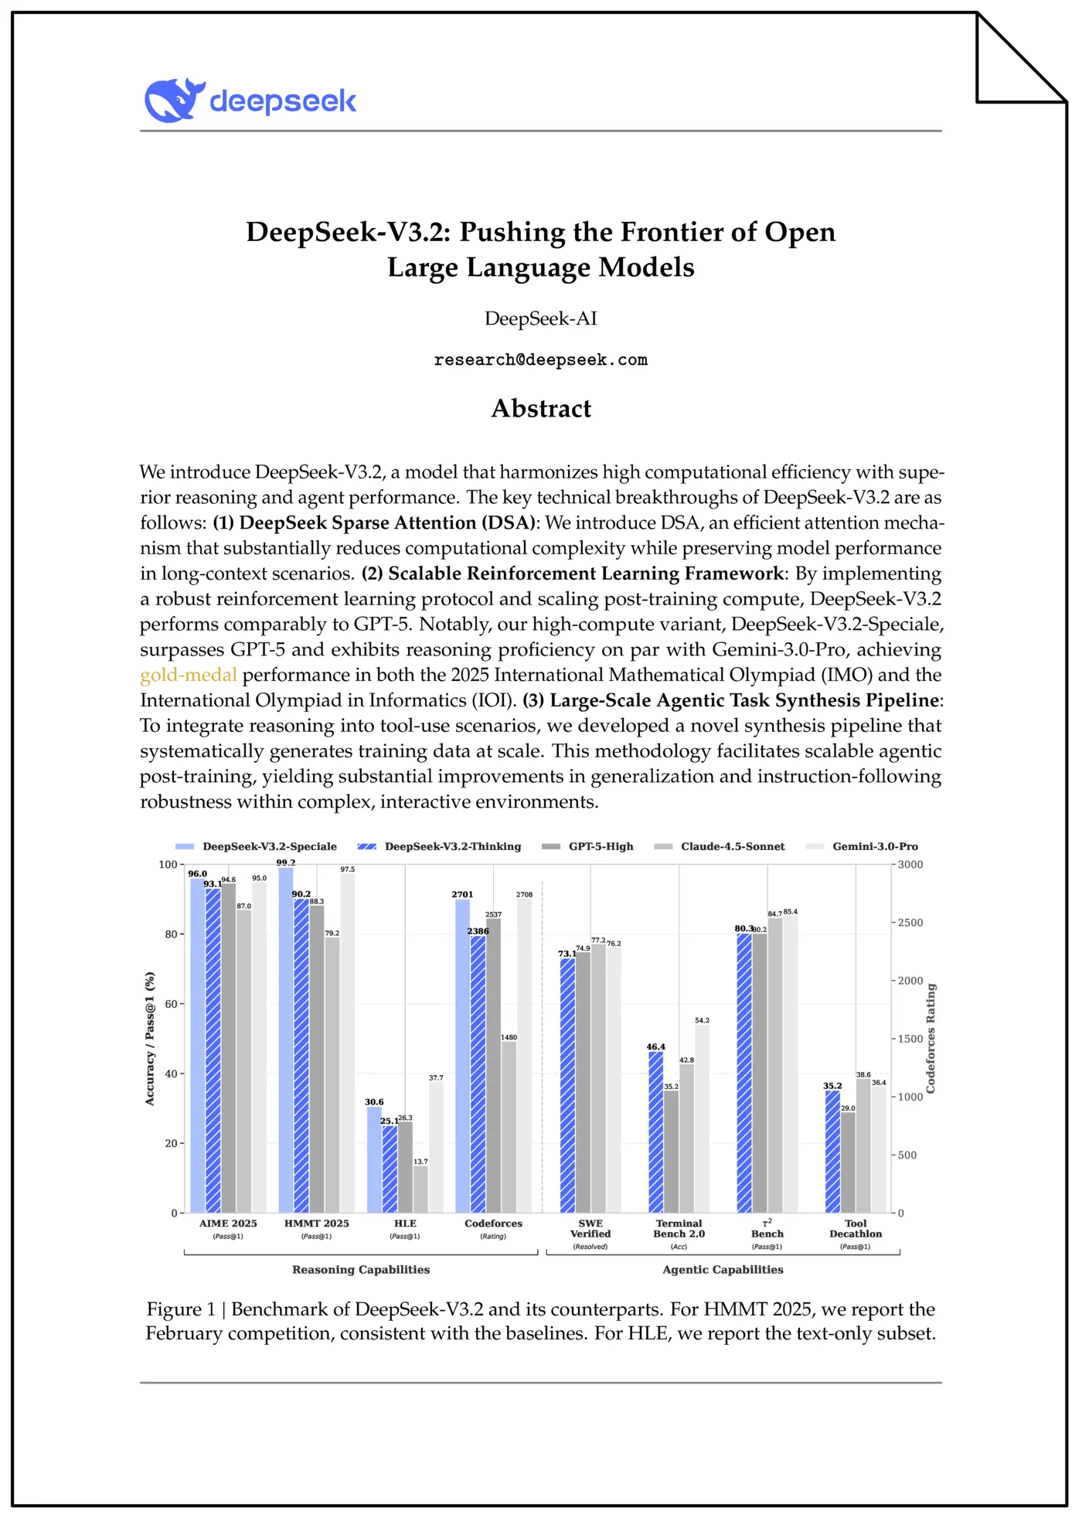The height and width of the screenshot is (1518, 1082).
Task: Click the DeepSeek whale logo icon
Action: (x=173, y=100)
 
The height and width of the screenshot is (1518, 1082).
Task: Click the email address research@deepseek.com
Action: (x=540, y=360)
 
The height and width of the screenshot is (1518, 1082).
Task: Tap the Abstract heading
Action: (x=540, y=408)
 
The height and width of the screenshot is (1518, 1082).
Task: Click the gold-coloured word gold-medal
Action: (x=188, y=675)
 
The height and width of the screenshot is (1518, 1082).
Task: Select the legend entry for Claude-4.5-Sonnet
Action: (x=732, y=846)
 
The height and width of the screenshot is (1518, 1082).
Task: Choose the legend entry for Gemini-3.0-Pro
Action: (x=874, y=846)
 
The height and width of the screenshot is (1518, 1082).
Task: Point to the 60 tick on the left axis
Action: (x=170, y=1004)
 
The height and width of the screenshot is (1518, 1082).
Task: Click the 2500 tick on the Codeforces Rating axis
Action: (x=910, y=923)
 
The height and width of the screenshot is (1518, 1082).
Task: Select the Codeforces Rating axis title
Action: (x=931, y=1038)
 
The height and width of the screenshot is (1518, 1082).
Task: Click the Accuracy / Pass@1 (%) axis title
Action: (x=150, y=1038)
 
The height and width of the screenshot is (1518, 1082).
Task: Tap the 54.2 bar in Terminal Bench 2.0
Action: (x=702, y=1121)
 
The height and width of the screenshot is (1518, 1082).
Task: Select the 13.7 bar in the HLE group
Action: (x=420, y=1190)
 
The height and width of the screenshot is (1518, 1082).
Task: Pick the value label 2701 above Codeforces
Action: (x=462, y=894)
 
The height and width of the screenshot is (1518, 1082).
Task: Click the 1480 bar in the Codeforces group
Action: (x=509, y=1128)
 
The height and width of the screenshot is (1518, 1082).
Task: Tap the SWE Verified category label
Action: (x=590, y=1228)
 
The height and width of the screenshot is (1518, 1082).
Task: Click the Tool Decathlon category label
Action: (x=856, y=1228)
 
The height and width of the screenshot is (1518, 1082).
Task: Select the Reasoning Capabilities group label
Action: (x=361, y=1269)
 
